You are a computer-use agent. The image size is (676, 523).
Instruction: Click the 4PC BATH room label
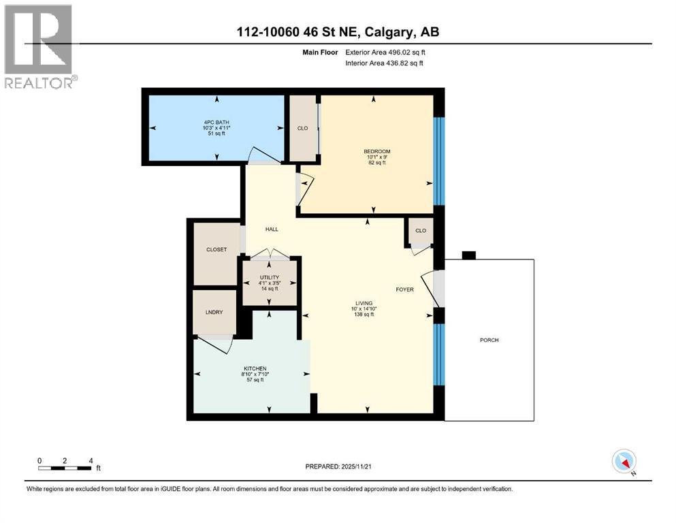[x=216, y=123]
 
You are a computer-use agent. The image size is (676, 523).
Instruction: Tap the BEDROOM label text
[x=377, y=151]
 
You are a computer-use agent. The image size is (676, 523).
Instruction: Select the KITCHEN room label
[x=255, y=368]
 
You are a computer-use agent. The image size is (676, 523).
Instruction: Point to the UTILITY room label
[x=270, y=277]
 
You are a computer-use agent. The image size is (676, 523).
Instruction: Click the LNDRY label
[x=214, y=312]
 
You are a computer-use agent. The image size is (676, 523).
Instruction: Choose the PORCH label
[x=489, y=340]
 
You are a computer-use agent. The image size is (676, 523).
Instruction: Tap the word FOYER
[x=405, y=289]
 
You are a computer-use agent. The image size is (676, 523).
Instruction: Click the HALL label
[x=272, y=229]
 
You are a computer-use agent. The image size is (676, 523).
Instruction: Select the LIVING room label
[x=364, y=303]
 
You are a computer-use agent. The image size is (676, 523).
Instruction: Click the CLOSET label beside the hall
[x=216, y=250]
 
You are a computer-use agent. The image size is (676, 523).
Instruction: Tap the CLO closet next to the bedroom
[x=303, y=128]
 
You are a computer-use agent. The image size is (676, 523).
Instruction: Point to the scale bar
[x=65, y=469]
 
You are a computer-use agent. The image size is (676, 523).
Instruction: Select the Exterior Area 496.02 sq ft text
[x=385, y=52]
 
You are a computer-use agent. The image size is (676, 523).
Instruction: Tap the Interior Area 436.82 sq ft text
[x=384, y=63]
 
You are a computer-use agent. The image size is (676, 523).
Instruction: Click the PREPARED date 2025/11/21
[x=338, y=466]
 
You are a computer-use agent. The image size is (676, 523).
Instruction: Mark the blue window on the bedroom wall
[x=438, y=161]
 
